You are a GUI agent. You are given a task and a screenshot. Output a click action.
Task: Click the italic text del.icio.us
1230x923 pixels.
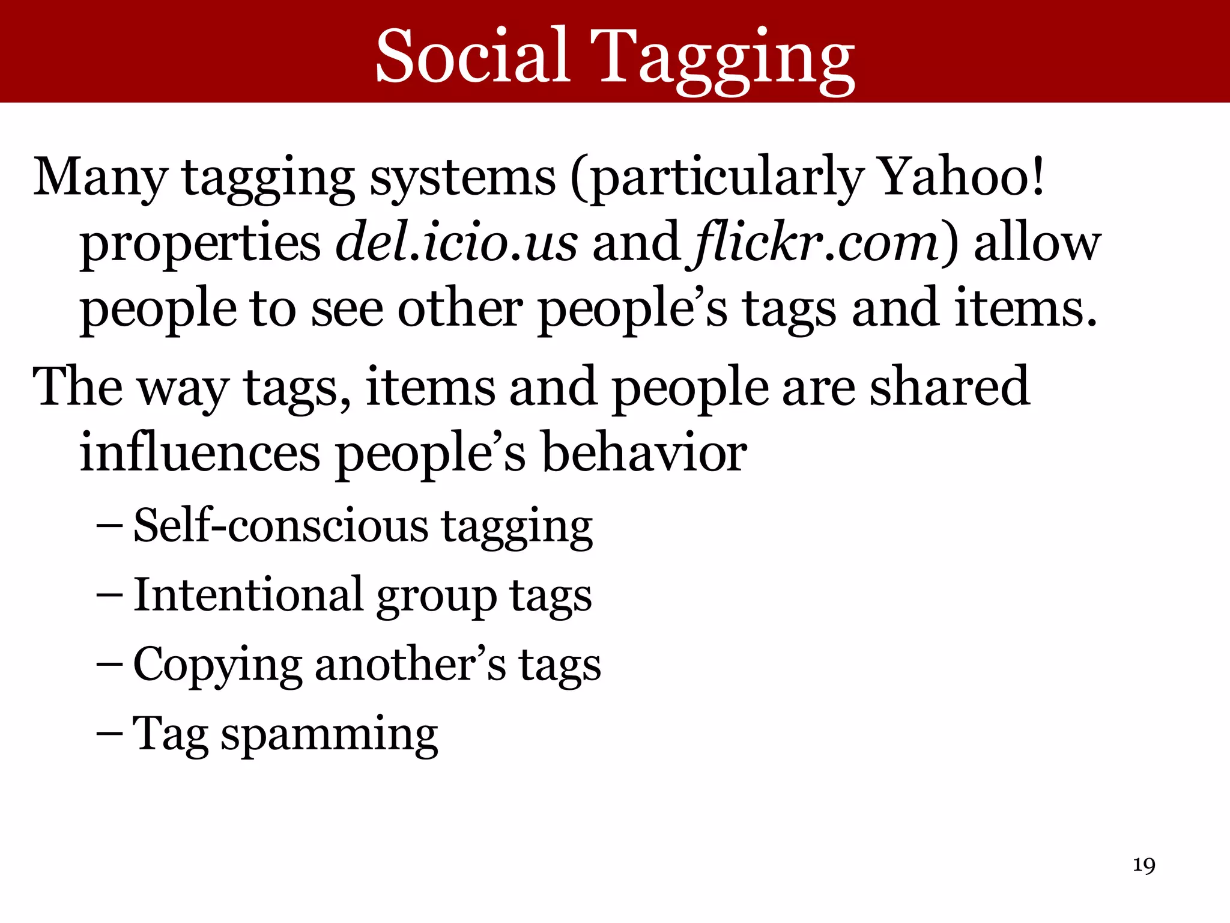click(x=456, y=242)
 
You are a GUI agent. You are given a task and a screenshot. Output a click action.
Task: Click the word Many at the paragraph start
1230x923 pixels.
click(x=100, y=178)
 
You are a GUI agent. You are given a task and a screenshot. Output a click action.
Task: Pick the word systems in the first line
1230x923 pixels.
click(x=462, y=178)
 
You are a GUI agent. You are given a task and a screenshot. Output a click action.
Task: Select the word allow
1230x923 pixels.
click(x=1037, y=242)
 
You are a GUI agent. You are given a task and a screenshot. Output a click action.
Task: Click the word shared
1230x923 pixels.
click(x=950, y=386)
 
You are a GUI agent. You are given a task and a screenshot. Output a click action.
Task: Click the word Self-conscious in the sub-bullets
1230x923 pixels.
click(x=280, y=525)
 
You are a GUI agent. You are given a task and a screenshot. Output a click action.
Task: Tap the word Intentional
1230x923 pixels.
click(x=248, y=595)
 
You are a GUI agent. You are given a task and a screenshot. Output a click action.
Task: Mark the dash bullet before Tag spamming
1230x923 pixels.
click(x=109, y=734)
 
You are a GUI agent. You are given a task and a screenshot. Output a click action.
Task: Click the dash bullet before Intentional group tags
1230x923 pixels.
click(x=109, y=595)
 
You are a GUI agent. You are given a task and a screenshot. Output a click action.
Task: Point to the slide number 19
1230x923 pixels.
click(x=1144, y=865)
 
